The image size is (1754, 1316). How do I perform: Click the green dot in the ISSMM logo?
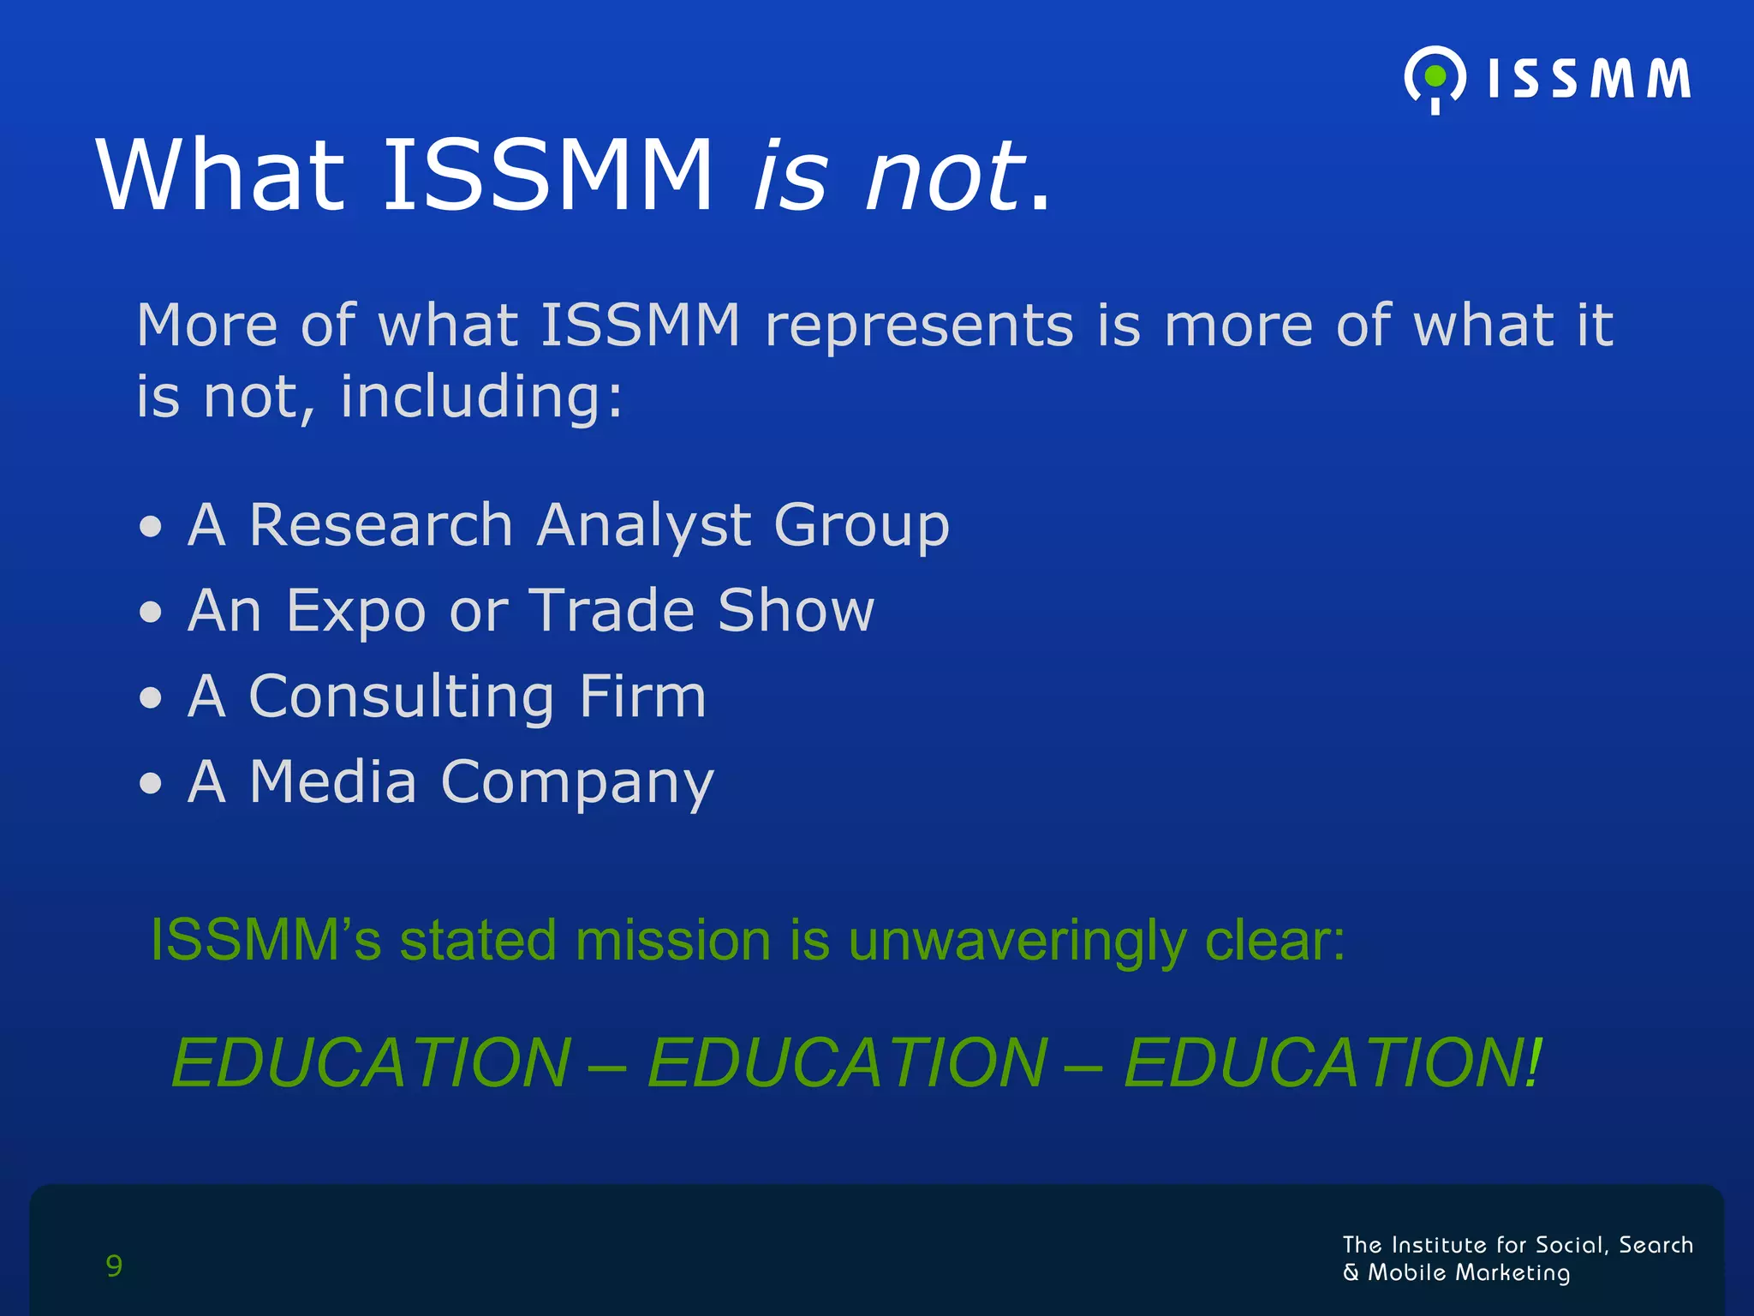point(1435,77)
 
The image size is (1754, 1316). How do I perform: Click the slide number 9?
point(114,1265)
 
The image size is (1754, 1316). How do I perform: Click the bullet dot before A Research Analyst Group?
point(151,527)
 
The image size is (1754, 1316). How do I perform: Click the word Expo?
point(355,611)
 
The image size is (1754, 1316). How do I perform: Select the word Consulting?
point(401,697)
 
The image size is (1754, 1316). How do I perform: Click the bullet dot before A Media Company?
point(151,783)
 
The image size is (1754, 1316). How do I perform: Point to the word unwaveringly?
point(1017,942)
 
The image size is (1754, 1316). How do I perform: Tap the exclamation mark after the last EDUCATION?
point(1532,1062)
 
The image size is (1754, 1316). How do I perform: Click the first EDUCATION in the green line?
point(371,1062)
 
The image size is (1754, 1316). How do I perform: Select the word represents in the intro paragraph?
point(919,326)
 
